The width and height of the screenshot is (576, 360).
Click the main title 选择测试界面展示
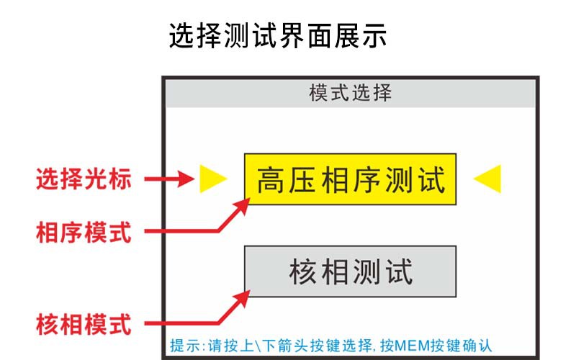(x=278, y=35)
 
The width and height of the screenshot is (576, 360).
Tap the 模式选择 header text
(x=351, y=93)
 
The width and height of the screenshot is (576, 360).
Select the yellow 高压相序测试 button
(x=351, y=179)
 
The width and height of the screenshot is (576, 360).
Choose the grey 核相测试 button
(x=351, y=271)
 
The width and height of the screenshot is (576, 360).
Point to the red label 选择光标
(x=84, y=179)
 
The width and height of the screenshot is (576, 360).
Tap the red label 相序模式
(x=84, y=232)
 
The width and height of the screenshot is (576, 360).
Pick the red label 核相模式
(x=84, y=324)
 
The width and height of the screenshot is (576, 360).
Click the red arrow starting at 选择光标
(x=169, y=179)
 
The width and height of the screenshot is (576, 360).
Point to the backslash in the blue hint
(x=256, y=346)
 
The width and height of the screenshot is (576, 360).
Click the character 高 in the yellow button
(x=271, y=180)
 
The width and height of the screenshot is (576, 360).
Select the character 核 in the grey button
(x=302, y=272)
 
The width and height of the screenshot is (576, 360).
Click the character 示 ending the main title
(x=374, y=35)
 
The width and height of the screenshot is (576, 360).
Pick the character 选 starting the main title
(x=182, y=35)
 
